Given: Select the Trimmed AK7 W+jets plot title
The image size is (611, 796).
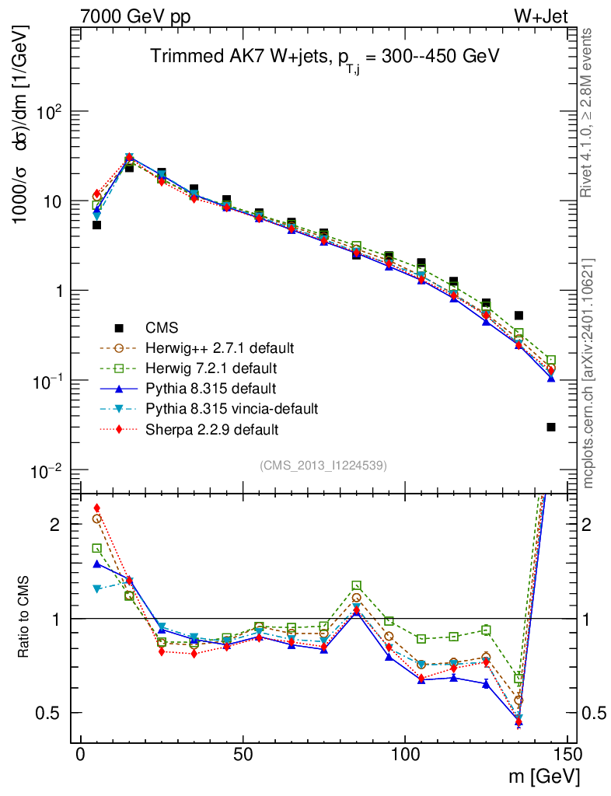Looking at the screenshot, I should tap(324, 57).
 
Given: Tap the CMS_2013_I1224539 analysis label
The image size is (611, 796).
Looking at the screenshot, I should tap(323, 465).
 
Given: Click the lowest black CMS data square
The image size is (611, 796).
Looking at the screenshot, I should tap(551, 427).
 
